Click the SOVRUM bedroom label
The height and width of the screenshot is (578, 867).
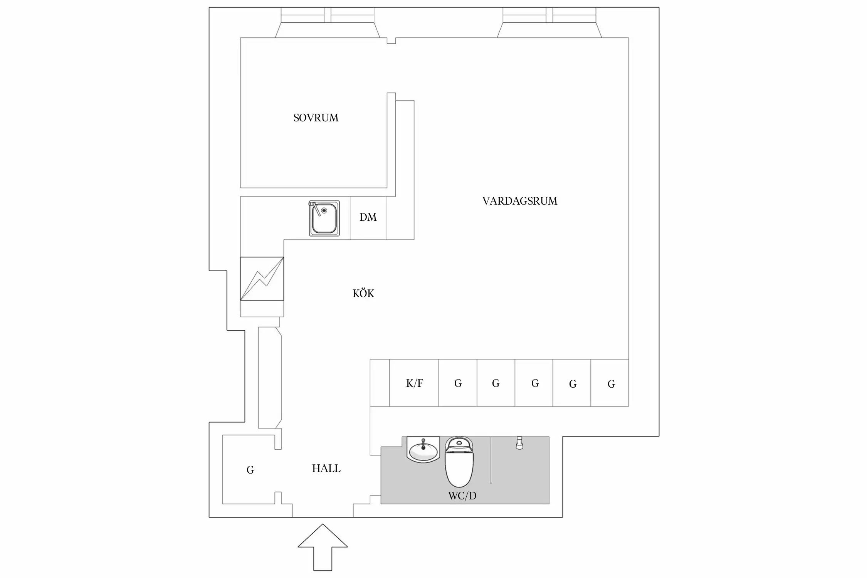pos(316,118)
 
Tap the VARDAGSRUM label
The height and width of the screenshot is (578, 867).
pos(520,201)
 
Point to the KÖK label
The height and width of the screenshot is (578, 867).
pos(363,294)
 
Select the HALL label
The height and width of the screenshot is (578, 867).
pos(326,469)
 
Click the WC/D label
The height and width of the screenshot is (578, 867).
pos(462,496)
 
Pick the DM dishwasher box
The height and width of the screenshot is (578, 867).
pos(368,218)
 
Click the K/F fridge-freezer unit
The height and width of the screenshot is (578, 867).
pos(414,383)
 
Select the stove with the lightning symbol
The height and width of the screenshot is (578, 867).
pos(262,279)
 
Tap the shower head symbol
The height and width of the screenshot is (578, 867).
pos(519,443)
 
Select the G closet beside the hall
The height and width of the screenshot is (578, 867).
pos(250,470)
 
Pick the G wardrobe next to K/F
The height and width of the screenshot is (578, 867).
pos(458,383)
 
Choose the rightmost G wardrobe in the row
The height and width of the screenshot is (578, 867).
pos(611,383)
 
